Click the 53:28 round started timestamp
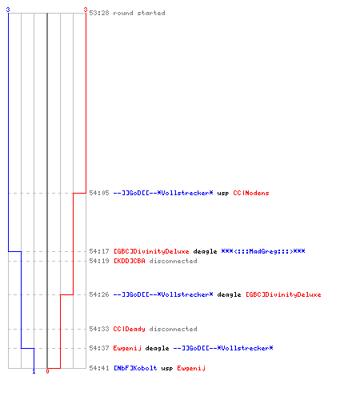pyautogui.click(x=99, y=13)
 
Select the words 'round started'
pyautogui.click(x=139, y=13)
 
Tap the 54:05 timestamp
pyautogui.click(x=99, y=193)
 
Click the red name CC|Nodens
pyautogui.click(x=251, y=193)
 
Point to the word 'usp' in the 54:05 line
pyautogui.click(x=223, y=194)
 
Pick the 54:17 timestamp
pyautogui.click(x=99, y=251)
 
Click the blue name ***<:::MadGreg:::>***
pyautogui.click(x=263, y=251)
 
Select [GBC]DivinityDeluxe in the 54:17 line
pyautogui.click(x=151, y=251)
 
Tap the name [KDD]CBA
pyautogui.click(x=130, y=261)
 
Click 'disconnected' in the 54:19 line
pyautogui.click(x=173, y=261)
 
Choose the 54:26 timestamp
pyautogui.click(x=99, y=294)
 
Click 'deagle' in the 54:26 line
pyautogui.click(x=229, y=294)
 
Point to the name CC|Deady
pyautogui.click(x=129, y=329)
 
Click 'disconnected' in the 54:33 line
pyautogui.click(x=173, y=329)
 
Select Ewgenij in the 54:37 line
pyautogui.click(x=127, y=348)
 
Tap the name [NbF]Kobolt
pyautogui.click(x=135, y=368)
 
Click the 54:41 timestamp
pyautogui.click(x=99, y=368)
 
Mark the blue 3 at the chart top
pyautogui.click(x=8, y=10)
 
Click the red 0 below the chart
pyautogui.click(x=47, y=371)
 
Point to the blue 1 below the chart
pyautogui.click(x=34, y=371)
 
